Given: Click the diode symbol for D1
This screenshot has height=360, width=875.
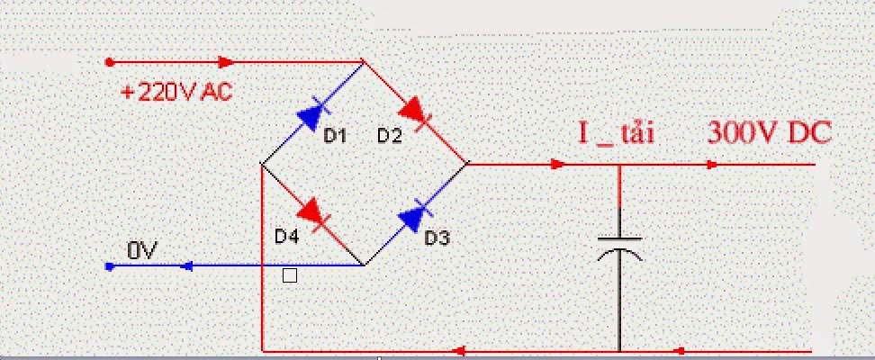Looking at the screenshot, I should coord(311,114).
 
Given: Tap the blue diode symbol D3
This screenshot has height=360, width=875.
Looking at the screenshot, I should coord(415,217).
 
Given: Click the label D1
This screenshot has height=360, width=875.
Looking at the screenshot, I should coord(335,136).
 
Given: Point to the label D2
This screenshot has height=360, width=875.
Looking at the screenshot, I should coord(389,136).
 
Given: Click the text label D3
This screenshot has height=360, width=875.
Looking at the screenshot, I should coord(437,238).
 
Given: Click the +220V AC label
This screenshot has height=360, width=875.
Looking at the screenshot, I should coord(178,91).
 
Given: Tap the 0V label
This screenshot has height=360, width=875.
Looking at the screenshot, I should coord(141,251).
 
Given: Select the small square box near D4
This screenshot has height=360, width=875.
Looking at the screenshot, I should coord(289,276).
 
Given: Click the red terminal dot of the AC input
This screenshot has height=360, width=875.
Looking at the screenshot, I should coord(109,62).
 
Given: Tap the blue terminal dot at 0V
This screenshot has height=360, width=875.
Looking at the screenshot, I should coord(109,266).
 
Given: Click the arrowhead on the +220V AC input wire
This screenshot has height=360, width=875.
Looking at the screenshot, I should coord(226,62).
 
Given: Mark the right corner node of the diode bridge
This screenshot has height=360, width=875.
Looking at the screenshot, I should coord(468,165).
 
